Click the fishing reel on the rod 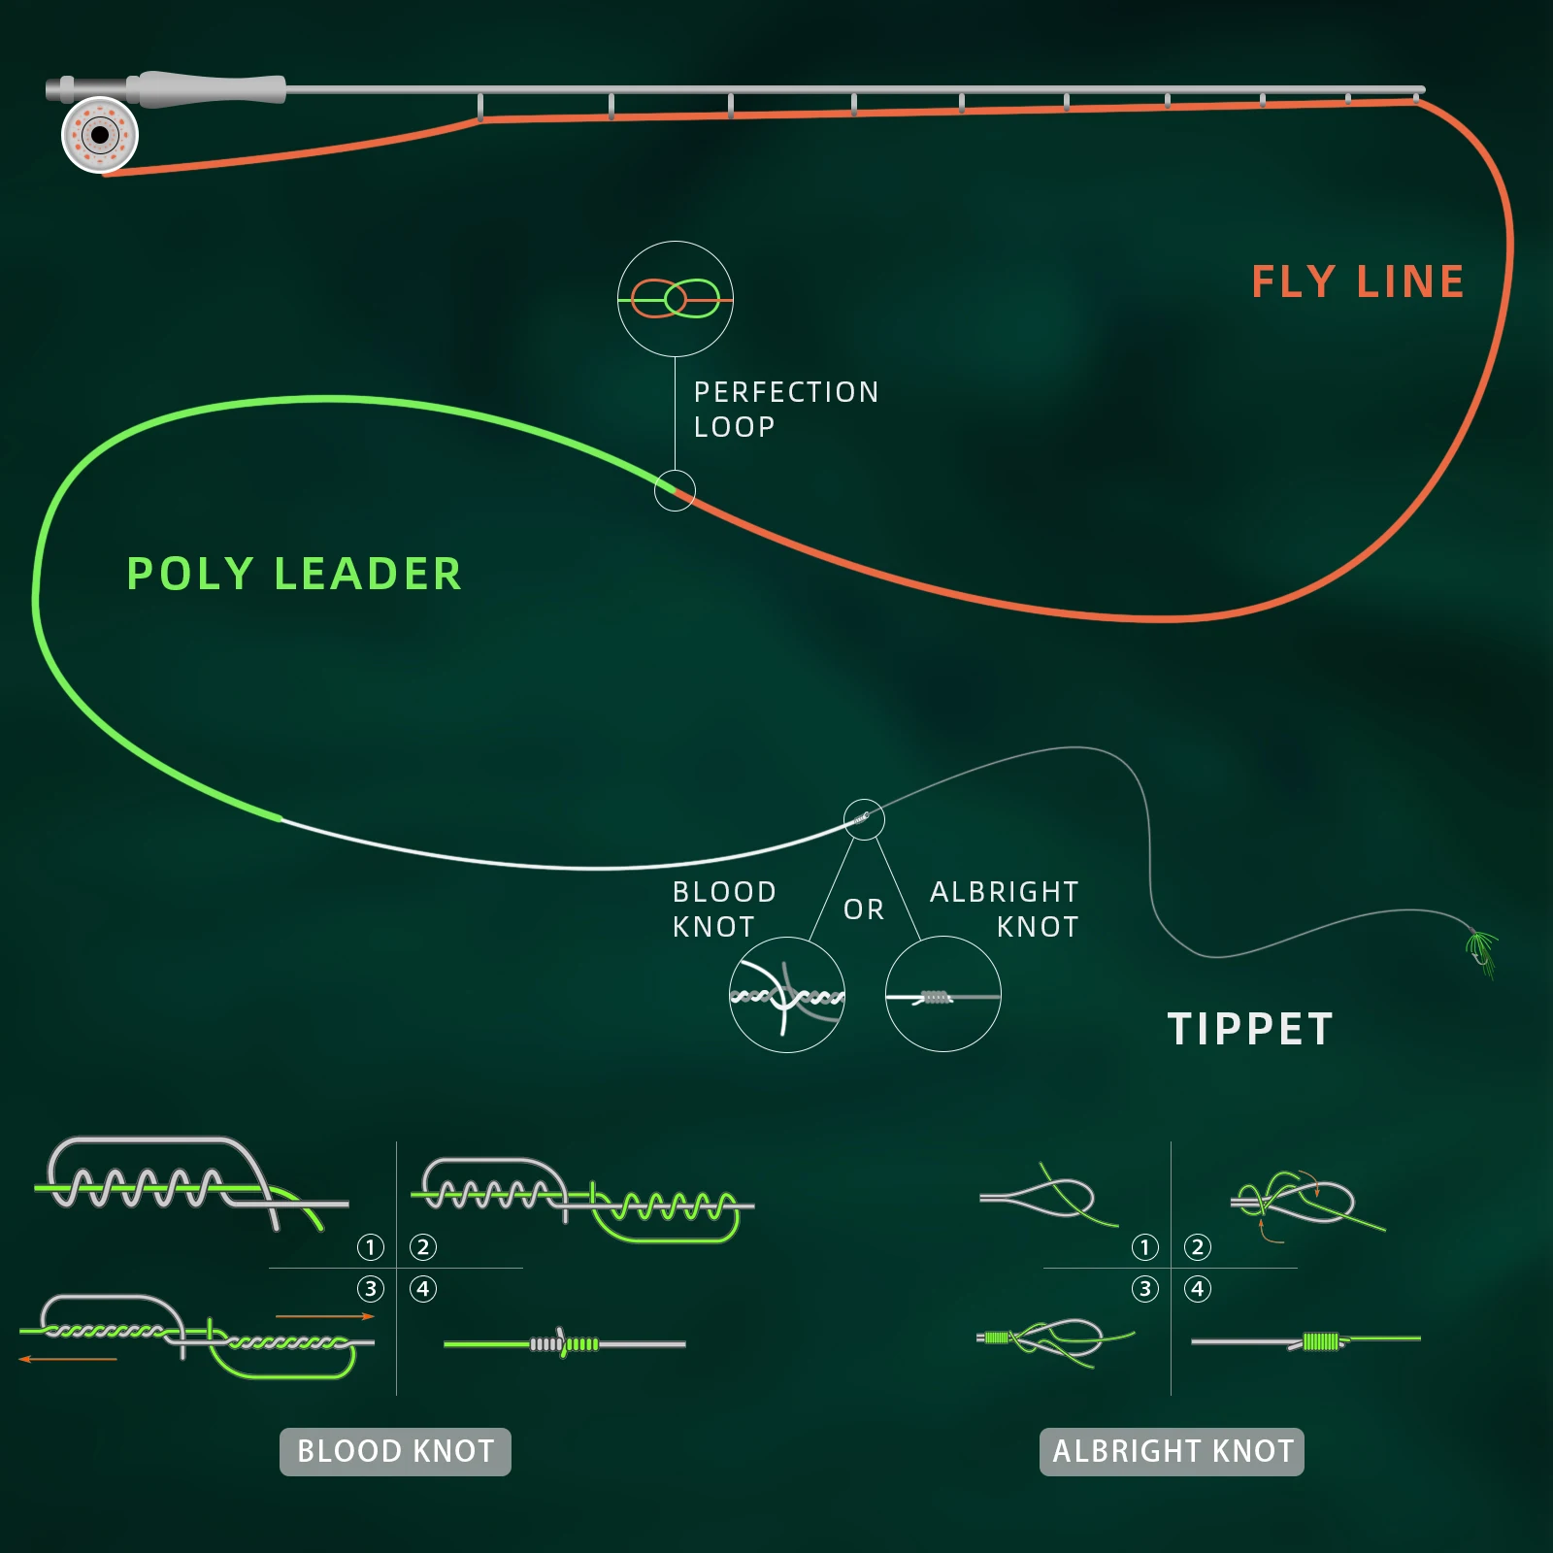click(x=100, y=135)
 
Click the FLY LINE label click(x=1357, y=282)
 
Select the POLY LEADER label click(x=294, y=574)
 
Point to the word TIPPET click(x=1250, y=1030)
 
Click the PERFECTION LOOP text click(x=785, y=409)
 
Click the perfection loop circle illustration click(x=676, y=299)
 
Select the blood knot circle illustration click(x=787, y=995)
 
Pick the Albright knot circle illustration click(x=942, y=995)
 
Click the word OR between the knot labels click(x=864, y=909)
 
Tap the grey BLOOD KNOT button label click(x=395, y=1451)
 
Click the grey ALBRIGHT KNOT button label click(x=1172, y=1451)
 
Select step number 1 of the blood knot click(x=371, y=1247)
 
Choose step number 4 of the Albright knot click(x=1198, y=1289)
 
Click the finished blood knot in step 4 click(x=564, y=1344)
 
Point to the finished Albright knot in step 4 click(x=1319, y=1341)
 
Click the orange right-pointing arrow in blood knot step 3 click(x=325, y=1316)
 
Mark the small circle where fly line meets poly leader click(x=675, y=491)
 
